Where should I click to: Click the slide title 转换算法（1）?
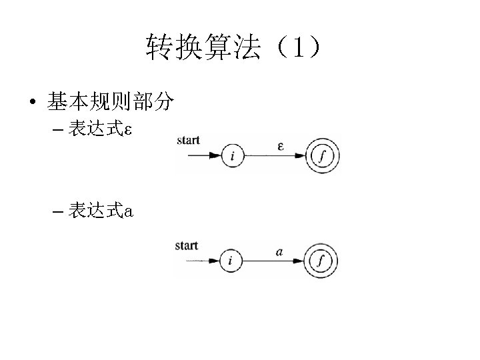pos(233,48)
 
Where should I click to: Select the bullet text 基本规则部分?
pos(111,101)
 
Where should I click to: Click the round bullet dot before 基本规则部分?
pos(32,103)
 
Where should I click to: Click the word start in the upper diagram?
pos(189,140)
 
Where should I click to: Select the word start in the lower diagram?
pos(187,245)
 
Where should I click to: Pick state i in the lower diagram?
pos(230,261)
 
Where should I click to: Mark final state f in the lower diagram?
pos(321,261)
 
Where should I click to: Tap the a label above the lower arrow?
pos(279,252)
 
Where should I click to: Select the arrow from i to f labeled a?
pos(275,261)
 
